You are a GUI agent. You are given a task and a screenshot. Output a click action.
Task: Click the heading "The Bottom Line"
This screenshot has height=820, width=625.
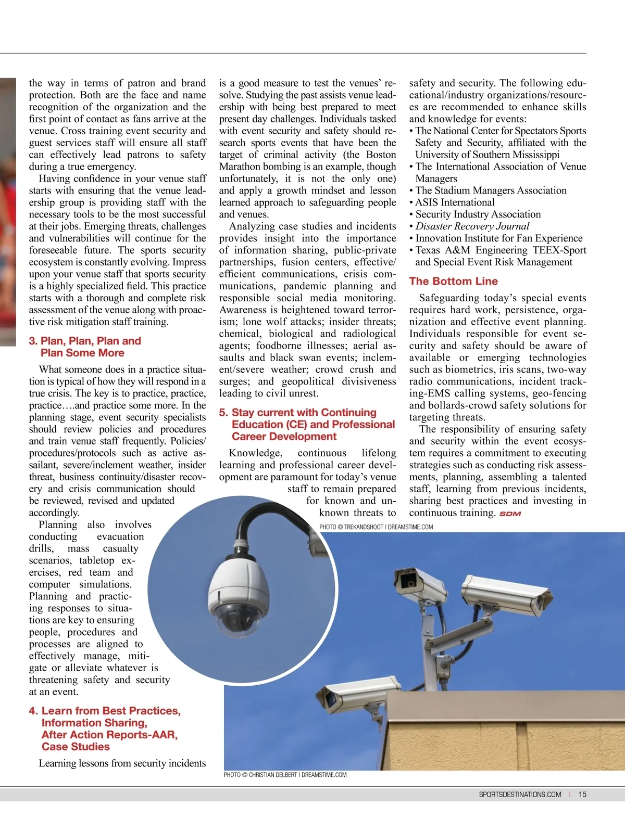click(453, 281)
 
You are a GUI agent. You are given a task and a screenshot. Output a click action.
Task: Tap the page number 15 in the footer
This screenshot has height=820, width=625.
click(582, 795)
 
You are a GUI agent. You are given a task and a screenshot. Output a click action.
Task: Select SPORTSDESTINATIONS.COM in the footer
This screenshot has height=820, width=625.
click(520, 795)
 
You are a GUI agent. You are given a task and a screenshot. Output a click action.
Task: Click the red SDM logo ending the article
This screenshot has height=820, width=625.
click(510, 514)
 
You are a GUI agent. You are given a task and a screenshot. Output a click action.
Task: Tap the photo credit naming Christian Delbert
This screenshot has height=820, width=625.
click(285, 775)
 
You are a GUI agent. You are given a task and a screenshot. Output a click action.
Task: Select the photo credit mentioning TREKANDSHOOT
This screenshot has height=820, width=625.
click(376, 527)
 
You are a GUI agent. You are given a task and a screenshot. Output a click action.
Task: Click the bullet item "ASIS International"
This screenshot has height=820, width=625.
click(455, 202)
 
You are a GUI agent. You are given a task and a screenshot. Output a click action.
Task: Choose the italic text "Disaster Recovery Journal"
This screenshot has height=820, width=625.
click(472, 226)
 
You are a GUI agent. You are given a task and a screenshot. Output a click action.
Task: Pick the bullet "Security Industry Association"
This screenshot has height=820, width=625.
click(478, 214)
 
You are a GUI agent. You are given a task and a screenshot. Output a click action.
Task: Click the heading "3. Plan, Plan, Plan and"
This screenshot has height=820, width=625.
click(85, 341)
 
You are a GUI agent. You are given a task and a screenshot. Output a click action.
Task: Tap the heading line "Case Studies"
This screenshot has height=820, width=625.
click(76, 747)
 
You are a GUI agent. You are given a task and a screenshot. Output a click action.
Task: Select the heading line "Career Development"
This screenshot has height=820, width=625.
click(284, 437)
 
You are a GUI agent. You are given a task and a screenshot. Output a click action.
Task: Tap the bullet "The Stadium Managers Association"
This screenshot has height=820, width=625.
click(491, 190)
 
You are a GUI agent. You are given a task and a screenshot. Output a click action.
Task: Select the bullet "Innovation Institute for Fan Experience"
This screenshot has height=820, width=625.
click(498, 238)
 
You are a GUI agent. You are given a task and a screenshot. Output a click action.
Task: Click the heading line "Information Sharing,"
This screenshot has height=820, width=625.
click(94, 723)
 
